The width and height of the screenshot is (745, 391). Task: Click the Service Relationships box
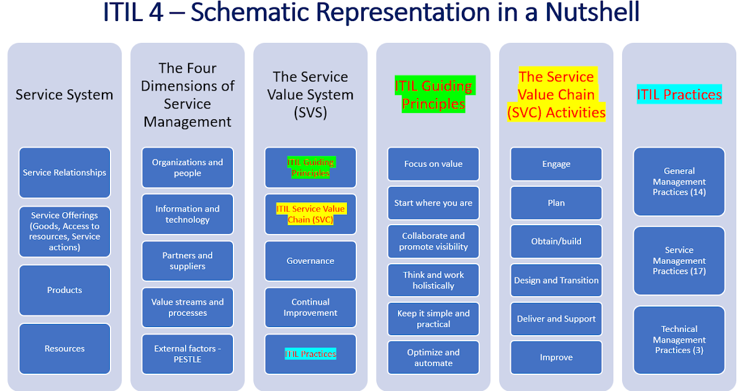click(x=65, y=173)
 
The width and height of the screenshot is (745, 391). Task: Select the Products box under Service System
click(x=65, y=290)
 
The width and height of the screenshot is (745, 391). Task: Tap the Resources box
click(x=65, y=348)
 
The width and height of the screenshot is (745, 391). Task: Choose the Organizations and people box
click(x=187, y=168)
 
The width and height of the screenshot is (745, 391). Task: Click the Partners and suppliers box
click(x=187, y=261)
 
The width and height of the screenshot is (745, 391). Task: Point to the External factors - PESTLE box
click(x=187, y=354)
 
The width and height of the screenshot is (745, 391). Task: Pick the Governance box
click(x=310, y=261)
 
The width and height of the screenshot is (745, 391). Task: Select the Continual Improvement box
click(x=310, y=307)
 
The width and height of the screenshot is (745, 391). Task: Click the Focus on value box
click(x=433, y=164)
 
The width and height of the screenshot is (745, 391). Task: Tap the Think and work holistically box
click(x=433, y=280)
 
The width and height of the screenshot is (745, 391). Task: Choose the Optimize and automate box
click(x=433, y=357)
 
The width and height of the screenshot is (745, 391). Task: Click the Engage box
click(x=556, y=164)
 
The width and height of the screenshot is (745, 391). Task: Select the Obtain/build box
click(x=556, y=241)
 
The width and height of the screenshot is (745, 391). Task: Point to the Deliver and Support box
click(x=556, y=318)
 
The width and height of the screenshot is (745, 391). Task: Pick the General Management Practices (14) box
click(x=679, y=181)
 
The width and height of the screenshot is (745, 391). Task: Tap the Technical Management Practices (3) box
click(x=679, y=339)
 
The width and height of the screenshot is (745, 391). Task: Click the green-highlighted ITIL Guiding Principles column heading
click(x=433, y=94)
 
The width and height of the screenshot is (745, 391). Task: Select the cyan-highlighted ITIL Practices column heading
click(x=679, y=94)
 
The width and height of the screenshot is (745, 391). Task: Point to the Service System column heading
click(x=65, y=94)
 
